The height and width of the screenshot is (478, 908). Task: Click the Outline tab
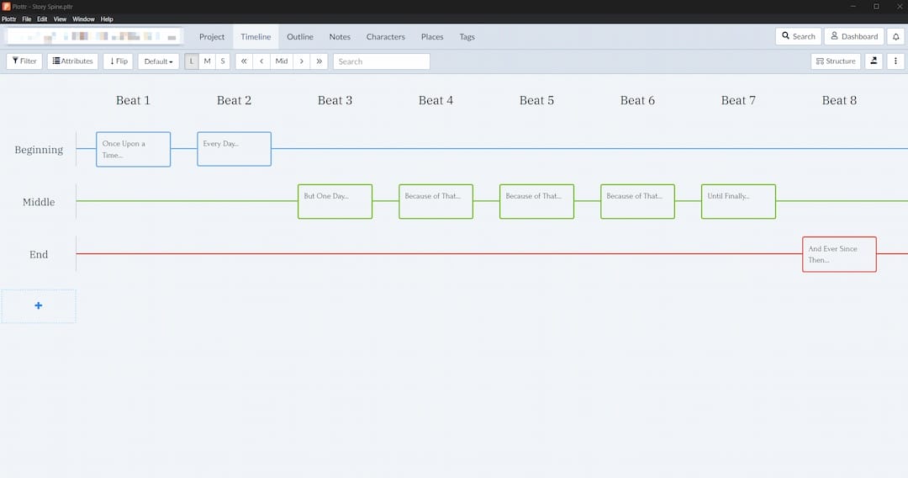(300, 37)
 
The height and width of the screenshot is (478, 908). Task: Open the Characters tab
(385, 37)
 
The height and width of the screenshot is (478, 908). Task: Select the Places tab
(432, 37)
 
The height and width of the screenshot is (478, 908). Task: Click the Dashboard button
(853, 36)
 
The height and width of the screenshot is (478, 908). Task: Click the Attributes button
(72, 61)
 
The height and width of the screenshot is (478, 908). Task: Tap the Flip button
(119, 61)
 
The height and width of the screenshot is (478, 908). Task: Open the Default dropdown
(158, 61)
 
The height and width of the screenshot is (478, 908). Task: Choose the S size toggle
(223, 61)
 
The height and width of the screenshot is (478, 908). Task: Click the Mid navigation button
(282, 61)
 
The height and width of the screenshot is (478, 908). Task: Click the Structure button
(836, 61)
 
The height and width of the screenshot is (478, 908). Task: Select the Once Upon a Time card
(133, 149)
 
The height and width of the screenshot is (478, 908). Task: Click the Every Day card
(234, 149)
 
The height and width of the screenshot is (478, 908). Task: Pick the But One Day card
(335, 201)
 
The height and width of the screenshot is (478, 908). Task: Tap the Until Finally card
(738, 201)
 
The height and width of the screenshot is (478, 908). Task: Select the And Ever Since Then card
(839, 254)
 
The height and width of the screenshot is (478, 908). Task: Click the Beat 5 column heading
(536, 100)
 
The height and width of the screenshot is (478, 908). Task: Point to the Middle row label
(39, 202)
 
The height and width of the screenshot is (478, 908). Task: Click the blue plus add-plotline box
(39, 305)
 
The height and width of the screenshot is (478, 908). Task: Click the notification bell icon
(895, 36)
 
